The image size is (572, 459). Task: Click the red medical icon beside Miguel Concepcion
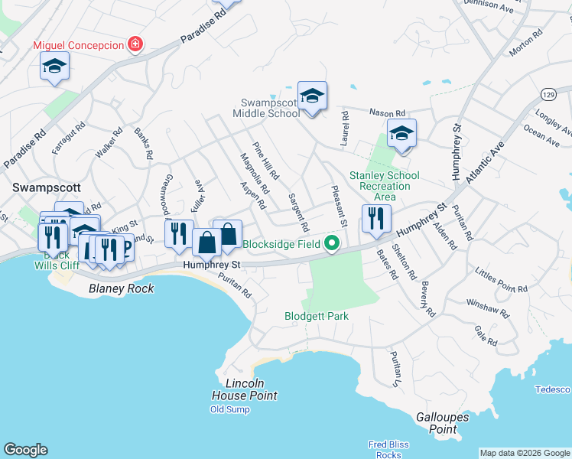135,45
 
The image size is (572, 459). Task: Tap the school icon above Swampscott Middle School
312,96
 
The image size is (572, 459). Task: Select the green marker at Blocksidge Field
331,245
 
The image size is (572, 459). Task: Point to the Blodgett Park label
316,316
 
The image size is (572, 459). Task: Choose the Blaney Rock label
121,288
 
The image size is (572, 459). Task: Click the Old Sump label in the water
229,409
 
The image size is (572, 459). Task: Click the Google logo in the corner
25,450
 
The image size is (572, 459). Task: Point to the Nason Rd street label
385,112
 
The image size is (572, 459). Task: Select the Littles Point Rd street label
501,280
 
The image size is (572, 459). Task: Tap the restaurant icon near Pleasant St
376,219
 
